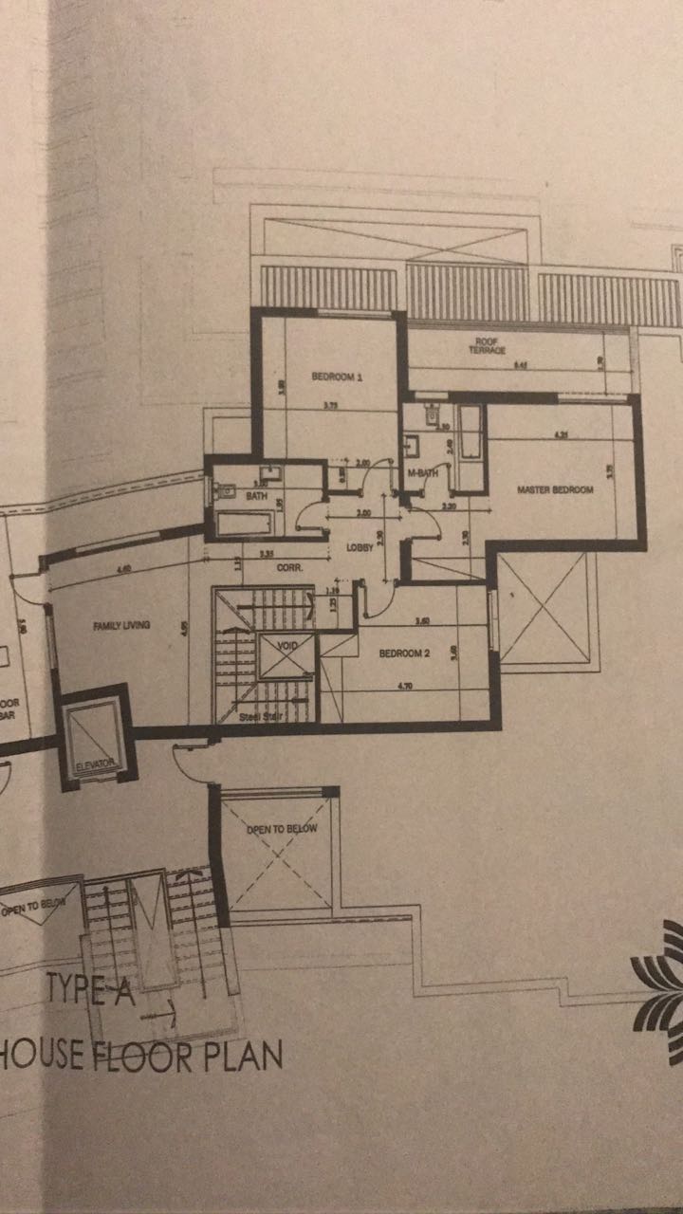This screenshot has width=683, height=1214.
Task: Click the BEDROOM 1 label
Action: click(338, 377)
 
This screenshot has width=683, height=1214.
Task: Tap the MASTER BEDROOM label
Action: click(555, 490)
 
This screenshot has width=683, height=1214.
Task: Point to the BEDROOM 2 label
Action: click(406, 653)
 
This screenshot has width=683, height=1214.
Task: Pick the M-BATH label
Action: click(419, 472)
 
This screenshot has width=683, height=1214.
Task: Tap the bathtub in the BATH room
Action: click(246, 523)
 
